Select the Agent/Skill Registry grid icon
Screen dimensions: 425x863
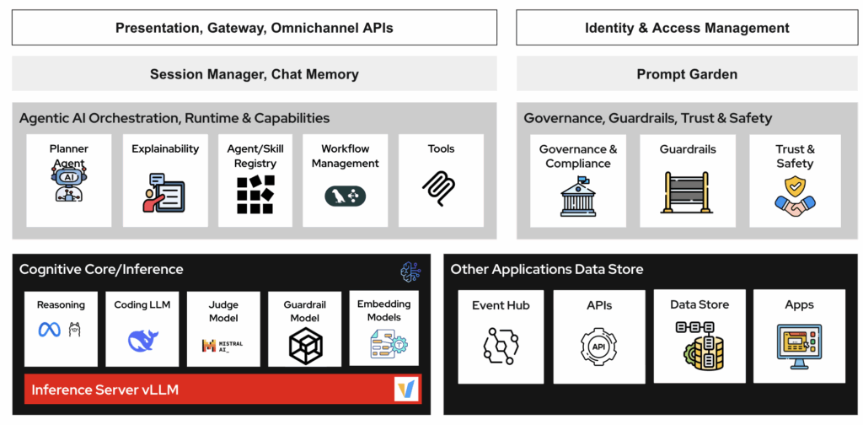[x=255, y=194]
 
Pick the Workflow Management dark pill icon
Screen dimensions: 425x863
[x=345, y=196]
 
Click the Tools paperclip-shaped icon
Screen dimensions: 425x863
[x=440, y=188]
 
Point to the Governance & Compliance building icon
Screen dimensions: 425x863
[x=577, y=196]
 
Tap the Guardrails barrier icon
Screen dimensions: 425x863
[x=688, y=193]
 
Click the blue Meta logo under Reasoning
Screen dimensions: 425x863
[x=49, y=330]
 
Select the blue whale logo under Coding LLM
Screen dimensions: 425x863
[x=142, y=340]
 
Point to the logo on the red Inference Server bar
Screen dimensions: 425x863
[x=406, y=389]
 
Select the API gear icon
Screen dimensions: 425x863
[x=598, y=346]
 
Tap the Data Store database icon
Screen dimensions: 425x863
[x=699, y=345]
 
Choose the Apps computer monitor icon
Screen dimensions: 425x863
[x=798, y=346]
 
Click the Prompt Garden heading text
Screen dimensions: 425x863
[x=687, y=74]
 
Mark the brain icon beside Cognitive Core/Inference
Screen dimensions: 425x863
[x=410, y=272]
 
